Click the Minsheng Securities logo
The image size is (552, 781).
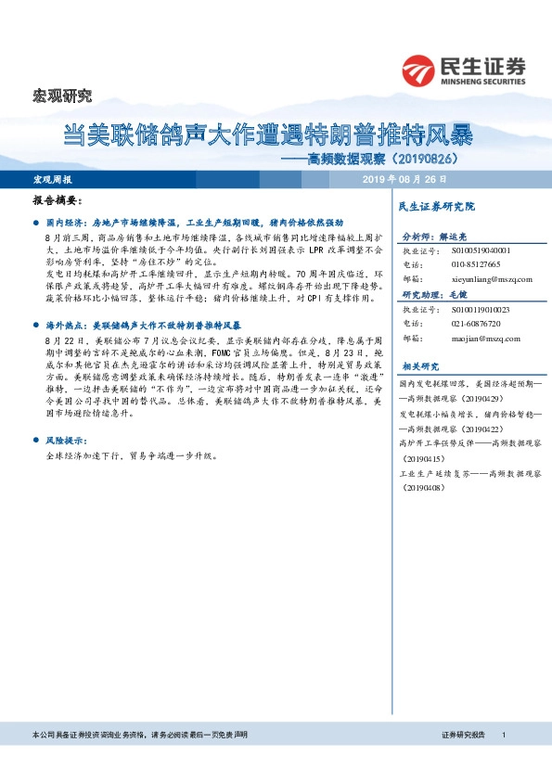[464, 70]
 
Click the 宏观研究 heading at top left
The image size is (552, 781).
[63, 95]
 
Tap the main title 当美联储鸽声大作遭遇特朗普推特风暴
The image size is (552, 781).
[268, 136]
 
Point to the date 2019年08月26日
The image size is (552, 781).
[404, 179]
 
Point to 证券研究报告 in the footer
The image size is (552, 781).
[463, 735]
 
